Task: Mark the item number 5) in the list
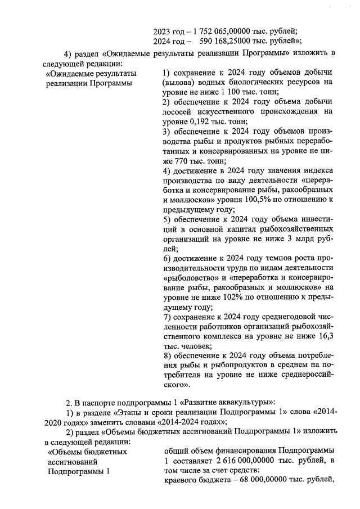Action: pos(166,219)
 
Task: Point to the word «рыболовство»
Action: pos(188,278)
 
